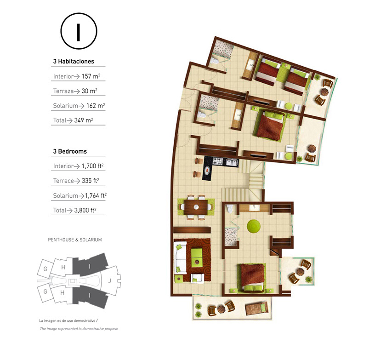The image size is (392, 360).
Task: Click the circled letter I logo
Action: tap(79, 31)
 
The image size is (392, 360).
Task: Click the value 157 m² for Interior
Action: tap(91, 76)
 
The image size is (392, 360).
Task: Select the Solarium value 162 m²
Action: tap(96, 105)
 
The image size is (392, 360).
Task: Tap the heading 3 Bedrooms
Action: tap(70, 151)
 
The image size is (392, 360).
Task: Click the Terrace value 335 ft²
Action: tap(90, 181)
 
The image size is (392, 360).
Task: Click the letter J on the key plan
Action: tap(109, 281)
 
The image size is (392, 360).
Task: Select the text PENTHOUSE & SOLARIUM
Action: tap(75, 240)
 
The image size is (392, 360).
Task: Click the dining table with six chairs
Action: tap(196, 207)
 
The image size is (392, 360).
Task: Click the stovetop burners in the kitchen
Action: tap(217, 161)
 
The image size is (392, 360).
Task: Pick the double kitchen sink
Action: tap(232, 162)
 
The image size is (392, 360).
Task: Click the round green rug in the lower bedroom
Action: tap(254, 226)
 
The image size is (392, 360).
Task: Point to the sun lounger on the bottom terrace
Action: tap(256, 308)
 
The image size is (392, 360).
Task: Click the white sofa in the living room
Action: tap(180, 257)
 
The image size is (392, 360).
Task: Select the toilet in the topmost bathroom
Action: tap(214, 61)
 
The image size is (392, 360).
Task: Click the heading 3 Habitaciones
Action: tap(74, 61)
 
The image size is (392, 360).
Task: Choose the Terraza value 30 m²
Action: tap(89, 91)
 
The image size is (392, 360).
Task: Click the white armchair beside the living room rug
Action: tap(198, 278)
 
